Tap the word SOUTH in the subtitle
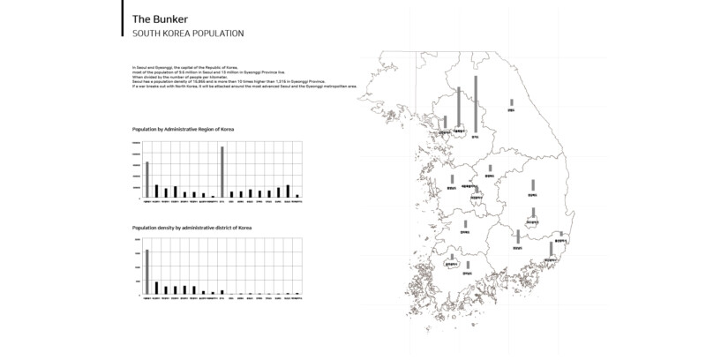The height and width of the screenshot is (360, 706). pos(146,34)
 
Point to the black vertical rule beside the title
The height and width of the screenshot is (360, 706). pos(122,18)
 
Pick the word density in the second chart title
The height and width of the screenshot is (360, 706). pos(169,228)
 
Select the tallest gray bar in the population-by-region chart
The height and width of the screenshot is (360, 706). pos(222,171)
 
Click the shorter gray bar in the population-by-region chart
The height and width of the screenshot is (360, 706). pos(147,179)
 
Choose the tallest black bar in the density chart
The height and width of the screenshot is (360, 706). pos(157,288)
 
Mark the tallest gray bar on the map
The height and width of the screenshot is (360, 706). pos(475,104)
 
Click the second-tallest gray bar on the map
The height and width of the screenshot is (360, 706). pos(459,106)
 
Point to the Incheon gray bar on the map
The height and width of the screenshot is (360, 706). pos(445,122)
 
